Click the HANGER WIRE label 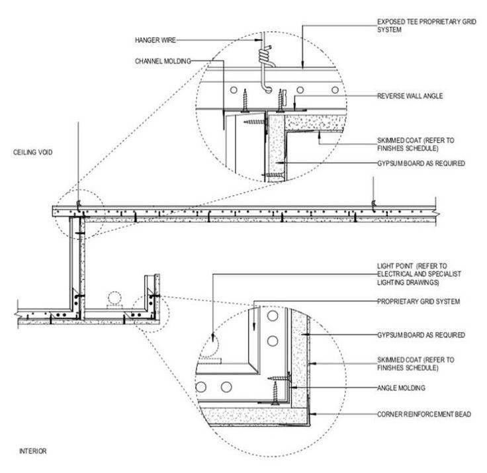click(x=155, y=40)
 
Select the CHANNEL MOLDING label click(x=163, y=61)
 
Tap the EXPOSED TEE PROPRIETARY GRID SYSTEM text click(x=427, y=26)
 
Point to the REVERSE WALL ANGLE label click(x=410, y=96)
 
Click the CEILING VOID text click(x=32, y=153)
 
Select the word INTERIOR click(x=32, y=451)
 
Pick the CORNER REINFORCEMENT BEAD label click(x=424, y=414)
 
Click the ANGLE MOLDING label click(x=401, y=388)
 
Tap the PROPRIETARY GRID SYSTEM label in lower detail click(x=418, y=302)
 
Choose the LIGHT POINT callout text click(x=419, y=275)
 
